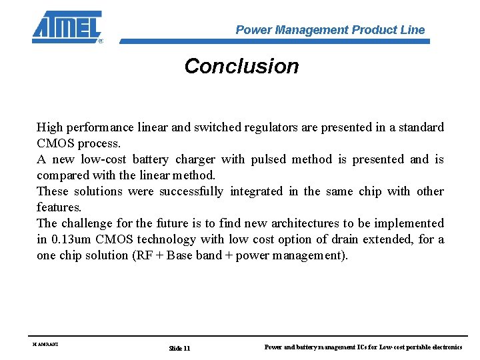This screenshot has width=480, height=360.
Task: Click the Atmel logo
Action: point(67,27)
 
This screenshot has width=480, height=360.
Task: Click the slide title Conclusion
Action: point(241,66)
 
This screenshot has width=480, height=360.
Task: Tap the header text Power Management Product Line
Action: point(330,30)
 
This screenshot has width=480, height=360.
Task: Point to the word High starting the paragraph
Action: point(49,127)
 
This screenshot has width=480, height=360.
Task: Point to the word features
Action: point(59,207)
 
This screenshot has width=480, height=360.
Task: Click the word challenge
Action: point(88,223)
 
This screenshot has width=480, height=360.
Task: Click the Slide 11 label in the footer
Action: point(179,348)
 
